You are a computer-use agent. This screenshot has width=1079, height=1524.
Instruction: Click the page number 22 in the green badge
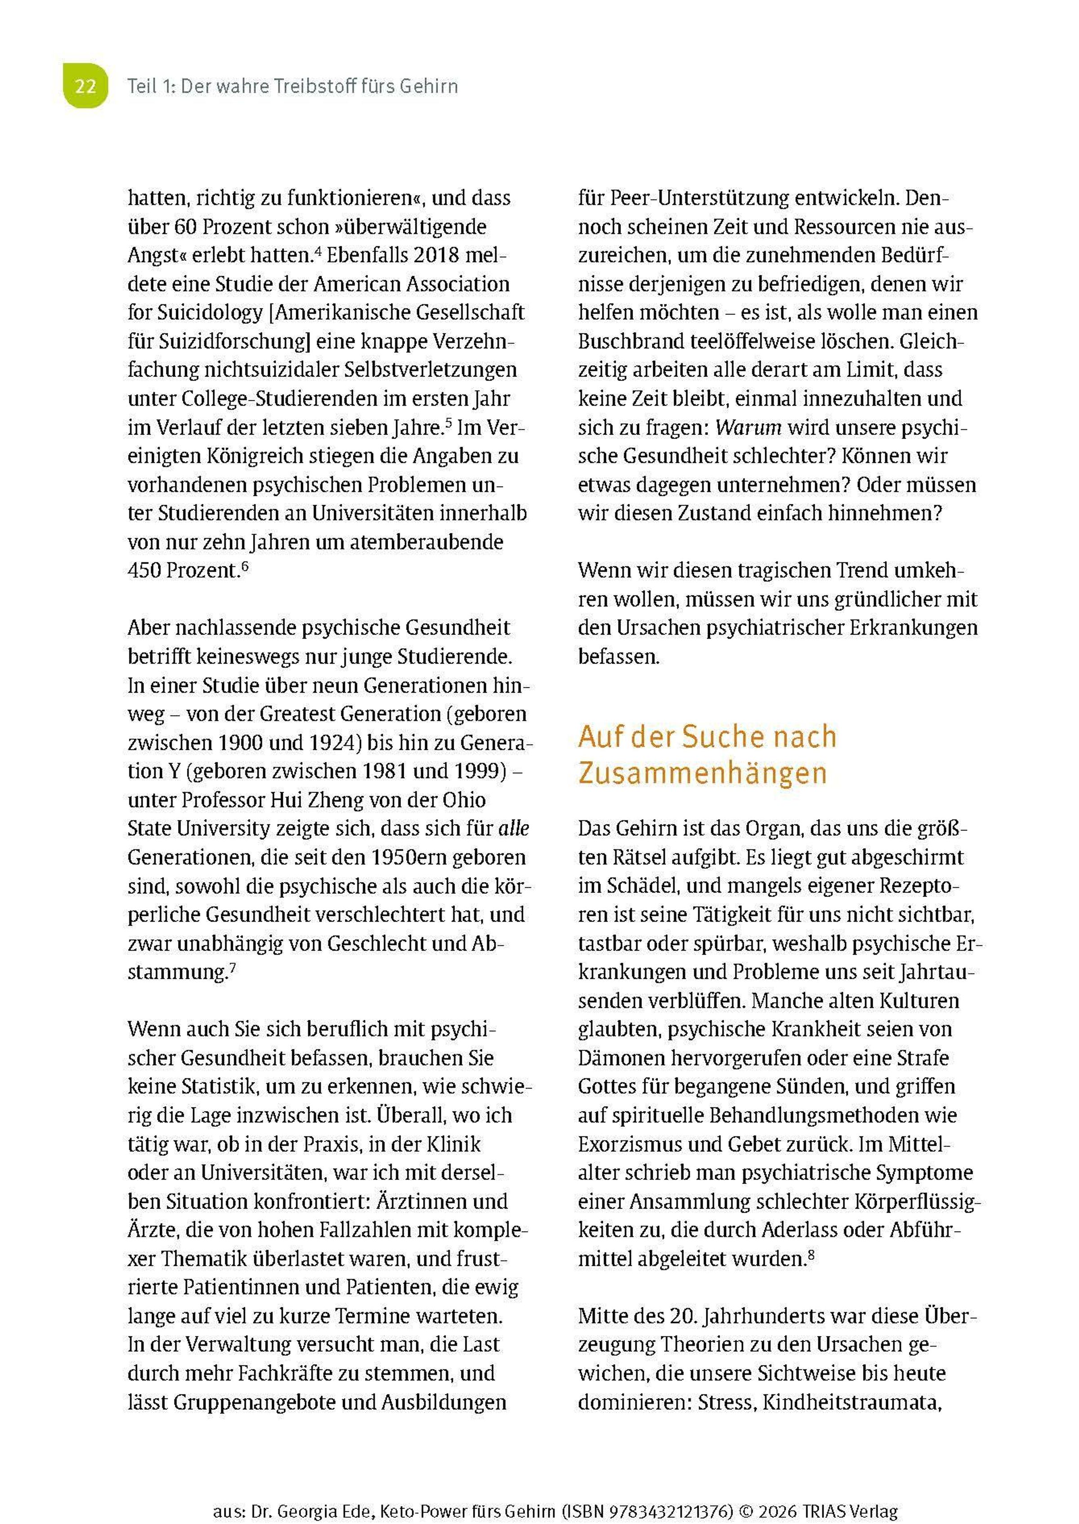(85, 86)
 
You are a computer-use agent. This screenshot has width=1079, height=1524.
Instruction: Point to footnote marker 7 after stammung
(232, 967)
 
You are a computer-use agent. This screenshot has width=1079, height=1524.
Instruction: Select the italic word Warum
(748, 427)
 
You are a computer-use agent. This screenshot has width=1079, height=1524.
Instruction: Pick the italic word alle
(513, 829)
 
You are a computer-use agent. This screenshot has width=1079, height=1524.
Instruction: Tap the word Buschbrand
(631, 341)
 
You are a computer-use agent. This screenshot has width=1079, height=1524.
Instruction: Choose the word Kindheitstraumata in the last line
(852, 1403)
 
